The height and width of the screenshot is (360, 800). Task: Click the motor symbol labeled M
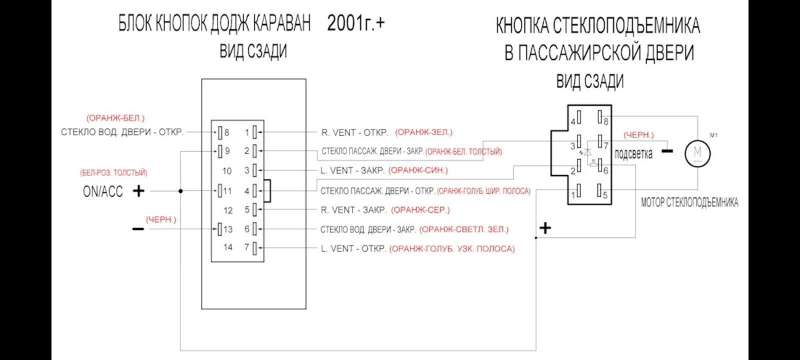697,152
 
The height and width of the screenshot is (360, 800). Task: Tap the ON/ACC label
102,191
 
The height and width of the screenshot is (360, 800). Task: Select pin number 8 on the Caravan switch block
226,132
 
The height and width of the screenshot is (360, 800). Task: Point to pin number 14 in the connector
227,247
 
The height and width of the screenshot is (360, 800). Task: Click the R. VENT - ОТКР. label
354,132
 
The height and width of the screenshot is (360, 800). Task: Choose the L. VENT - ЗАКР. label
352,170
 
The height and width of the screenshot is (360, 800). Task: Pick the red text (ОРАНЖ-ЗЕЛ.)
423,132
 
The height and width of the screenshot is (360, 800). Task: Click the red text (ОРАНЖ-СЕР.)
420,210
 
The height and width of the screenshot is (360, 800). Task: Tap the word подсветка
633,154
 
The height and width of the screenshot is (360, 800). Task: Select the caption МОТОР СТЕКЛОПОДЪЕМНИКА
689,202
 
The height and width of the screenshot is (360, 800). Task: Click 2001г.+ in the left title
356,23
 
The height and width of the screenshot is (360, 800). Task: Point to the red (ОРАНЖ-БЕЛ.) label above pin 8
115,118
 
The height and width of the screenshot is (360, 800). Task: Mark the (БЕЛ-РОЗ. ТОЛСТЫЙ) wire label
113,172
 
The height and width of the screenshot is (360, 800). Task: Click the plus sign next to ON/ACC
138,190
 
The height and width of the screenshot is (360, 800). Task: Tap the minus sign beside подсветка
667,150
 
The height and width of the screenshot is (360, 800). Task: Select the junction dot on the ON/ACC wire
180,190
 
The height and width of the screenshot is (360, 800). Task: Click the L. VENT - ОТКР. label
353,248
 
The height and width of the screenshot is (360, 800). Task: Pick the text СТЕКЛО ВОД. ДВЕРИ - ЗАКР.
367,229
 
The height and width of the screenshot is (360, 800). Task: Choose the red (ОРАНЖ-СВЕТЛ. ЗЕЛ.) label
463,229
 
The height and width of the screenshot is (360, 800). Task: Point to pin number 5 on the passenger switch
604,195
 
